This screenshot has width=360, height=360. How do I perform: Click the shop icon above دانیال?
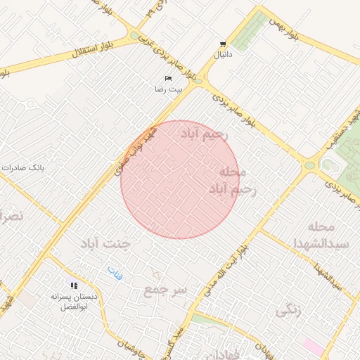223,44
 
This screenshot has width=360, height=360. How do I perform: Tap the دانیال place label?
223,53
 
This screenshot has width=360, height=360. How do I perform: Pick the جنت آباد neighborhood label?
106,244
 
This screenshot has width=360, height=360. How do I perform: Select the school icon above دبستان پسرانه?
73,285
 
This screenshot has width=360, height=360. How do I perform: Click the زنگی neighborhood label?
289,309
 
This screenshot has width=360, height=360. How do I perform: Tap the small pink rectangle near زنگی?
314,347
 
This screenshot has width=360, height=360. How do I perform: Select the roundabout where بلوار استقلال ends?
134,35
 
